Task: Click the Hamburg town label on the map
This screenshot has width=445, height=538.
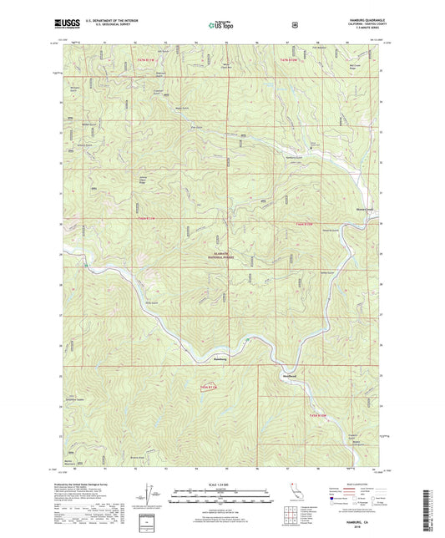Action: point(220,359)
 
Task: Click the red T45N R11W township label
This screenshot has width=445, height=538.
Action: point(209,387)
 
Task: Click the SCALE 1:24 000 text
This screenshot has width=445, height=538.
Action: point(222,485)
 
